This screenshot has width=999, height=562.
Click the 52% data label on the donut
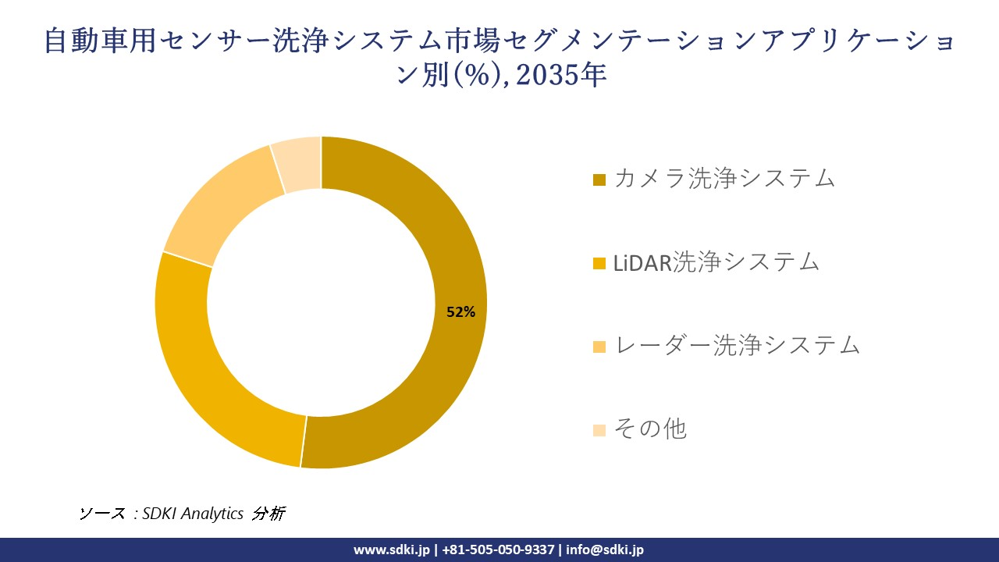click(460, 312)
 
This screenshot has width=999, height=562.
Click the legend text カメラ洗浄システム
click(724, 178)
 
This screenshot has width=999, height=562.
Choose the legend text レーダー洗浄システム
click(737, 345)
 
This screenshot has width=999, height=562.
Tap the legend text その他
click(650, 429)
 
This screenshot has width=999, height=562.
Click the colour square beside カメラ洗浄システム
click(599, 180)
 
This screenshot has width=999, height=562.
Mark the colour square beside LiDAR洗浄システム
click(599, 264)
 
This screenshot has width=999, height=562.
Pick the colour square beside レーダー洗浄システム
click(599, 347)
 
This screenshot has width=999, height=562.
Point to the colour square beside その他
click(599, 430)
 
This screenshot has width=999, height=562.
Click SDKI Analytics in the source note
click(193, 514)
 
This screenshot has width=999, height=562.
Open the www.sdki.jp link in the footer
click(392, 550)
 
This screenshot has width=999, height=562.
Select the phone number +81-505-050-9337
click(499, 550)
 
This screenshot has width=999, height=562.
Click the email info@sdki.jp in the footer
click(605, 550)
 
